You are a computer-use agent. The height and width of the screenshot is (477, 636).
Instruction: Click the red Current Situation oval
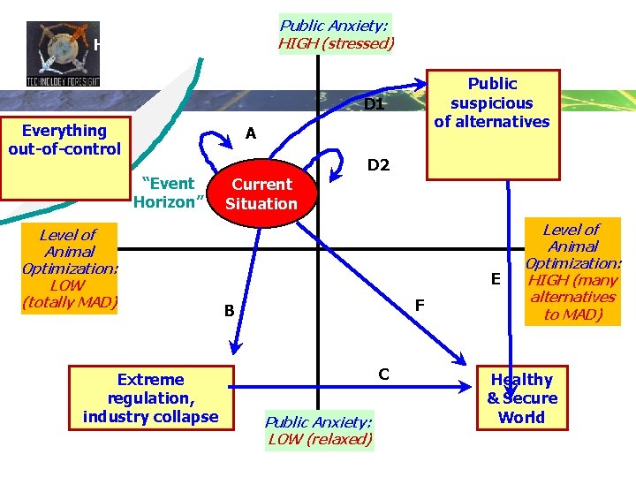click(261, 194)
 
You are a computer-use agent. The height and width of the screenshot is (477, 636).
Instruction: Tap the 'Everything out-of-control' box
click(64, 140)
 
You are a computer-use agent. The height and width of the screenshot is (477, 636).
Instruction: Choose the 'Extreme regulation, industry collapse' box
click(150, 397)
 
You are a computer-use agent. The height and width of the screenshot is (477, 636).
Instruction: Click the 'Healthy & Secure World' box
click(521, 397)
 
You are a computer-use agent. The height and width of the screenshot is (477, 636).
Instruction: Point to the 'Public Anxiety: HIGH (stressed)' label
click(336, 34)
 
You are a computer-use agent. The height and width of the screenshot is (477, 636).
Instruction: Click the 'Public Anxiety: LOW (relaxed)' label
click(319, 430)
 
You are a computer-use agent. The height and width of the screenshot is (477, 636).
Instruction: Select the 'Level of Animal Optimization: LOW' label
click(69, 269)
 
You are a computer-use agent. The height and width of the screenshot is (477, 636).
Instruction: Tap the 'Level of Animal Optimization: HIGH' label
click(573, 271)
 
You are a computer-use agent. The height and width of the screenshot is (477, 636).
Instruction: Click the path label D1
click(375, 104)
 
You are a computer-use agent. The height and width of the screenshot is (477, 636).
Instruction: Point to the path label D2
click(378, 165)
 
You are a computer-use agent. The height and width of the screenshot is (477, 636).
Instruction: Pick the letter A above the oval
click(251, 133)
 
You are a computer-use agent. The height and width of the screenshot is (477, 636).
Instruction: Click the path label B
click(229, 310)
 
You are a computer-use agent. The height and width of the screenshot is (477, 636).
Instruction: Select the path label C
click(383, 374)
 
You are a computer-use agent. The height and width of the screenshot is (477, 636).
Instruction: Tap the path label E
click(496, 279)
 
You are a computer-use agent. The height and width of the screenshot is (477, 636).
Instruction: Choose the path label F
click(420, 305)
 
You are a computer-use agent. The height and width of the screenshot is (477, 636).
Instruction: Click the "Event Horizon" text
click(170, 193)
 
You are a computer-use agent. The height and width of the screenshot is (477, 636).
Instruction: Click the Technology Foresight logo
click(62, 53)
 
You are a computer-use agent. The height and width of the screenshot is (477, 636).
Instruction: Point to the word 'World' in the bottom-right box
click(521, 417)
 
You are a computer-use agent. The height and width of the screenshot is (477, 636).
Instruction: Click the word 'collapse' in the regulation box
click(186, 416)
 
